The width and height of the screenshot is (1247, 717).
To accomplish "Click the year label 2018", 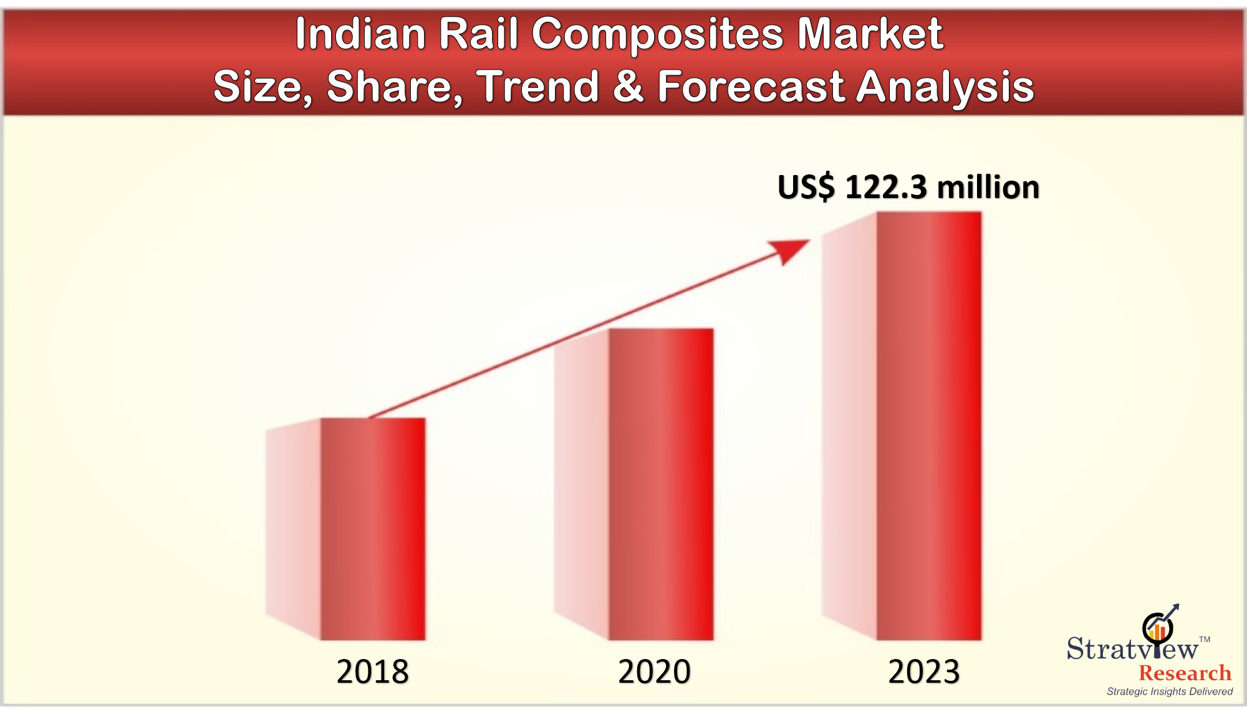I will [x=372, y=672].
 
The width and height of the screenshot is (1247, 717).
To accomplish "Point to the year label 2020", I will [x=654, y=672].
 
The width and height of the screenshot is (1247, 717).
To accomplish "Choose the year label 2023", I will [x=923, y=672].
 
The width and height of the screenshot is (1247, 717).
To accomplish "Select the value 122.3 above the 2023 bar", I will [x=886, y=187].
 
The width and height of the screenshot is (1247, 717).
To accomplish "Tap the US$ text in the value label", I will [x=806, y=187].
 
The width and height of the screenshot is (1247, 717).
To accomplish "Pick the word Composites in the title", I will [x=657, y=35].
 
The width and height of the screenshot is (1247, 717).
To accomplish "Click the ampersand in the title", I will [x=628, y=86].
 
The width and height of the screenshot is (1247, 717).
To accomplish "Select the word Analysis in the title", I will [x=945, y=87].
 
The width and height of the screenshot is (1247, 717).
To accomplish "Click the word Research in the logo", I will [x=1185, y=673].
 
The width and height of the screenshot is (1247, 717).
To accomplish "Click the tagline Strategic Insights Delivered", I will [x=1170, y=691].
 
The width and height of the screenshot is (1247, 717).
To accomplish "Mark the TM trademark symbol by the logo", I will [x=1205, y=639].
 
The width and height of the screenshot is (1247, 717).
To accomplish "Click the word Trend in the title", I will [x=538, y=86].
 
